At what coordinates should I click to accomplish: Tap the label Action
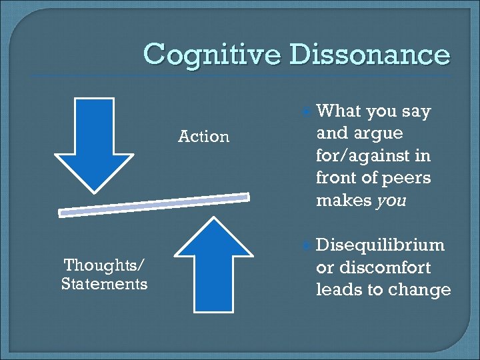coord(203,137)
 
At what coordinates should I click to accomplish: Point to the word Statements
coord(104,284)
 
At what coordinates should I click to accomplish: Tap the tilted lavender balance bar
coord(154,205)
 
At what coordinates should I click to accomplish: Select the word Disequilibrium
coord(380,245)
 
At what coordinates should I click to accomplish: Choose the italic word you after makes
coord(391,201)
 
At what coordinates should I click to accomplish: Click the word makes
coord(343,201)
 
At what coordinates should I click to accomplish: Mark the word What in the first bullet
coord(339,111)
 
